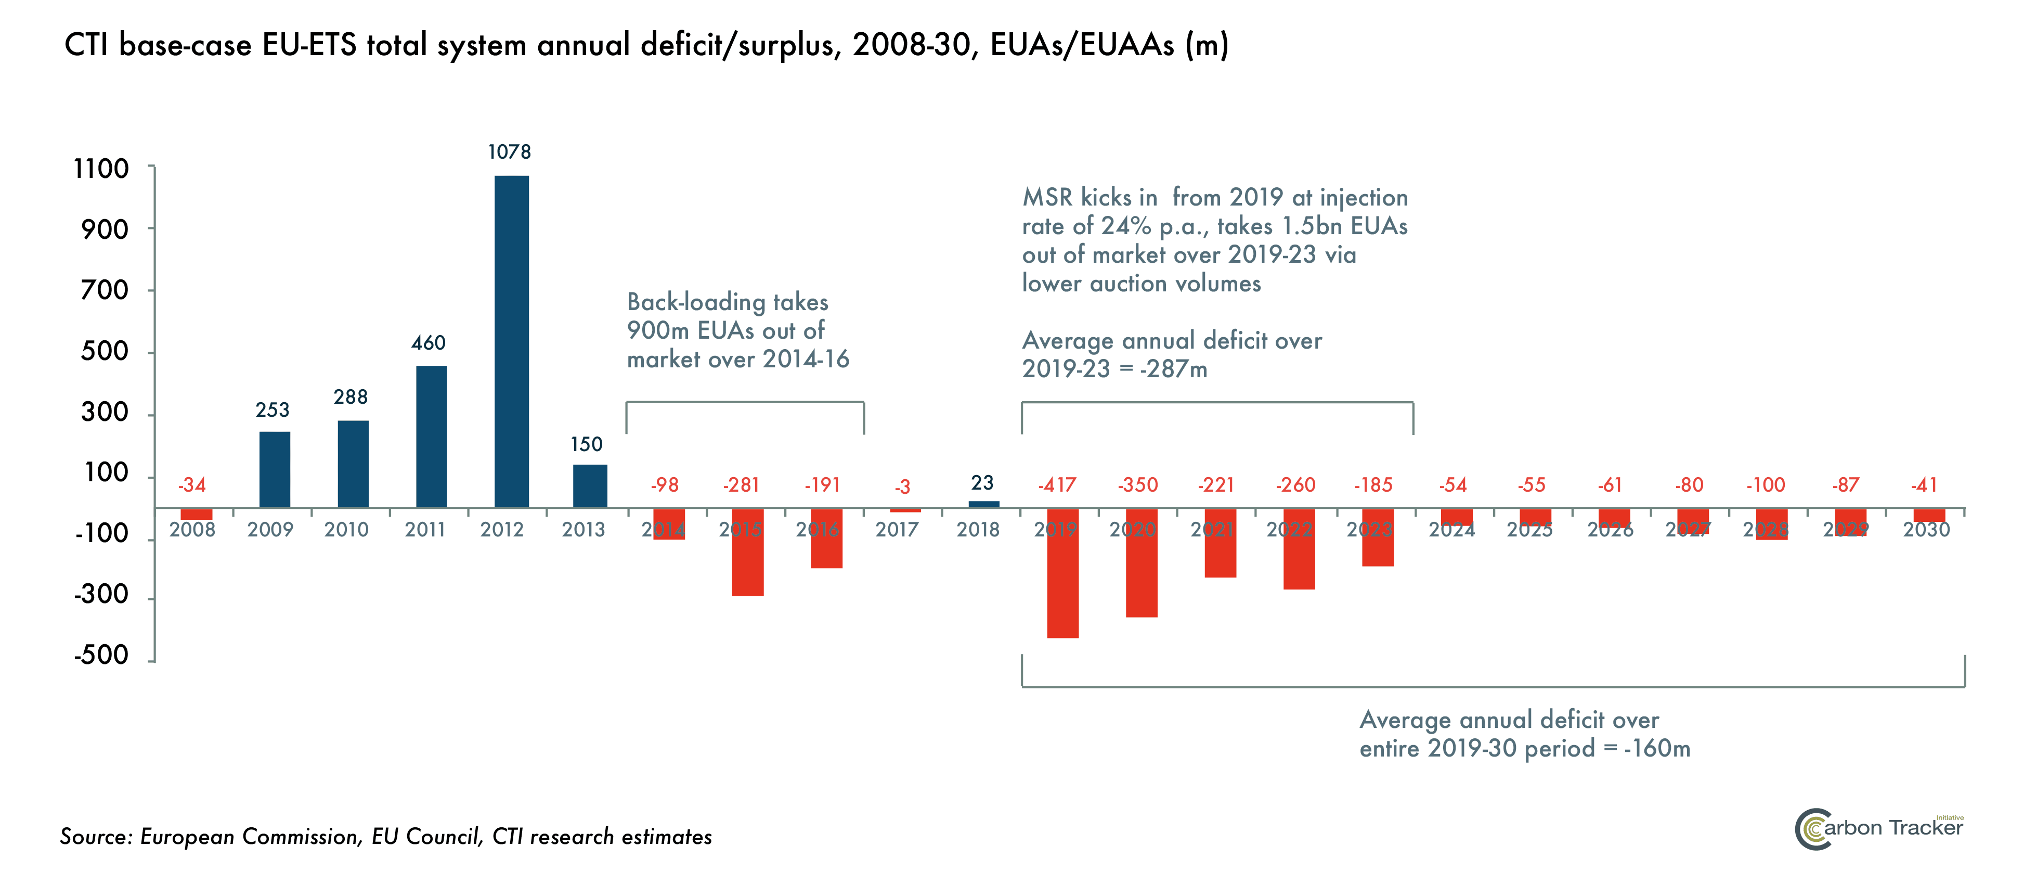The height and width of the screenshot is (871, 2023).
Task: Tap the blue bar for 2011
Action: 431,436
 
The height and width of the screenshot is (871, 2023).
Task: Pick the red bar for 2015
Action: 748,552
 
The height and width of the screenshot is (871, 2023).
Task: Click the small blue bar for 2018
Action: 984,504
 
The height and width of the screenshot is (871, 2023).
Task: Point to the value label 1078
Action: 510,151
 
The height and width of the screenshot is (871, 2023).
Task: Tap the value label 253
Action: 273,410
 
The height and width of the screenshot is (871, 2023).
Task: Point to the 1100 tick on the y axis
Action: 101,169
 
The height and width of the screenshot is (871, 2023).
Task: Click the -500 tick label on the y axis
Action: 101,655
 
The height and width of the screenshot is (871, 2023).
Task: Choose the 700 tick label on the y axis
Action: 105,291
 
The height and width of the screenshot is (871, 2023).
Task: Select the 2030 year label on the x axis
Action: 1926,530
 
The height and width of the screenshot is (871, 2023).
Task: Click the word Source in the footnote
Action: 94,837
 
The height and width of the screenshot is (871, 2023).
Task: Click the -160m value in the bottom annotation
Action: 1657,749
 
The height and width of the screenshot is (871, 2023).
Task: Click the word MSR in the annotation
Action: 1047,197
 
